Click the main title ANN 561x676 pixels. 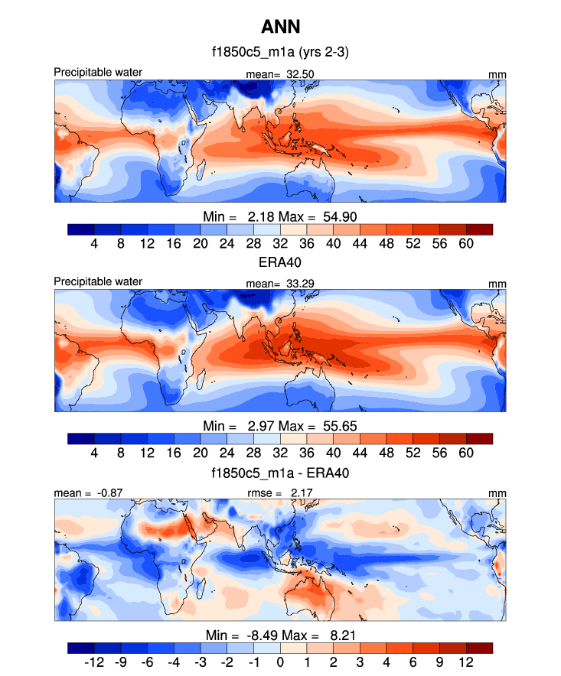click(280, 28)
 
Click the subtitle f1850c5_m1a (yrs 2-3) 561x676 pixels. click(280, 54)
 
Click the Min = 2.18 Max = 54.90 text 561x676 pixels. click(280, 215)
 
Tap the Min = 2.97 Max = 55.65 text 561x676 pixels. click(280, 424)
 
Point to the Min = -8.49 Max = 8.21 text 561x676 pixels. click(280, 635)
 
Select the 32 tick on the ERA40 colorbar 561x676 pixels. click(279, 453)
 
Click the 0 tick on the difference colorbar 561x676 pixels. click(280, 662)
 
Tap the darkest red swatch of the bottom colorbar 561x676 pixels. click(479, 648)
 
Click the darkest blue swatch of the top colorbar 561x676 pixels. click(81, 229)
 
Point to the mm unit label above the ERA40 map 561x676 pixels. click(498, 283)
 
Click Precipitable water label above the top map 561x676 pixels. click(98, 73)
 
